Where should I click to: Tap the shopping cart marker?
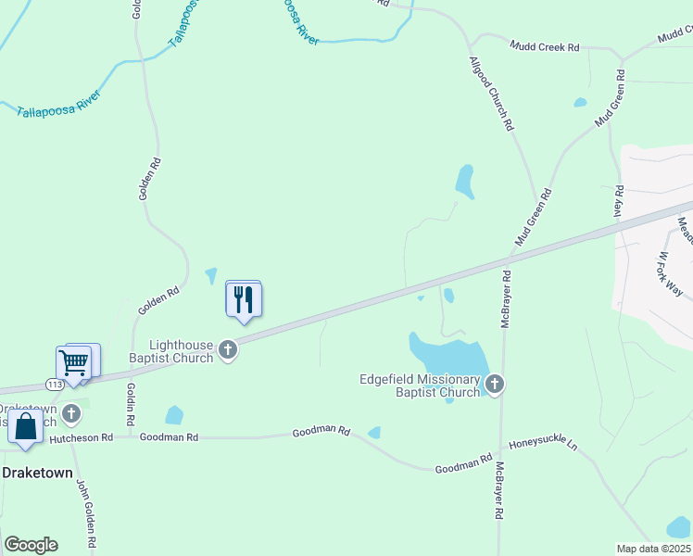point(74,362)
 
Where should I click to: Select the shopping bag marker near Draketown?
point(25,428)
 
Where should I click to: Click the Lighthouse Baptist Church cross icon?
point(228,350)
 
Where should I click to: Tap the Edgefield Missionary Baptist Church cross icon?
point(495,385)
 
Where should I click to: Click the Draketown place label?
point(37,472)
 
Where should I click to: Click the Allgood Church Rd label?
point(492,94)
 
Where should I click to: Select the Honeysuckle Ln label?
point(543,445)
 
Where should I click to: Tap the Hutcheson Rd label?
point(81,437)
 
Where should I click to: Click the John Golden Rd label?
point(85,513)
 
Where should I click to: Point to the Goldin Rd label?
point(131,405)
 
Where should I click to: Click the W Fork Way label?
point(670,274)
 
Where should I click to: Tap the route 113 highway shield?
point(55,384)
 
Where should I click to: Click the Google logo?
point(31,545)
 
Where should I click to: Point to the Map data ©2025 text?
point(653,549)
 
